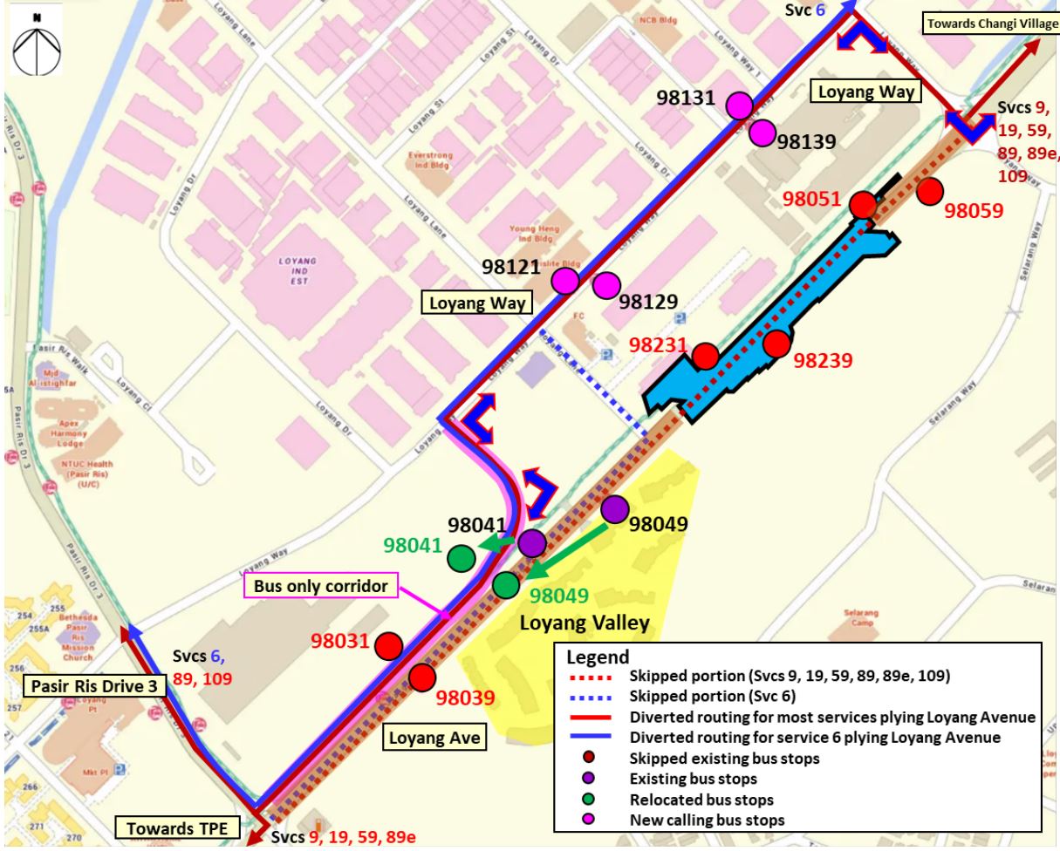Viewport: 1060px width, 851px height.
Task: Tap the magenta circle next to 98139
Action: pyautogui.click(x=762, y=133)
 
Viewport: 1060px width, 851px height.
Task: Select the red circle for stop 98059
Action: pyautogui.click(x=930, y=191)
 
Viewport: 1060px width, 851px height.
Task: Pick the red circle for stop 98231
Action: pyautogui.click(x=706, y=356)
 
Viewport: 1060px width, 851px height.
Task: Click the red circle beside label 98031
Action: pyautogui.click(x=388, y=646)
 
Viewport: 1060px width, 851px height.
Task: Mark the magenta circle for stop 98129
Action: pyautogui.click(x=605, y=285)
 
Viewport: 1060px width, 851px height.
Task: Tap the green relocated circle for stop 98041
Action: pyautogui.click(x=462, y=558)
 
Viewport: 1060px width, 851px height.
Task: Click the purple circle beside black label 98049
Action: pyautogui.click(x=614, y=508)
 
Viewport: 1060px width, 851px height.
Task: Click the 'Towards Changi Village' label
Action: pyautogui.click(x=991, y=24)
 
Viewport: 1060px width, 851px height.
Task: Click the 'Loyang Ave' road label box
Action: pyautogui.click(x=434, y=739)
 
